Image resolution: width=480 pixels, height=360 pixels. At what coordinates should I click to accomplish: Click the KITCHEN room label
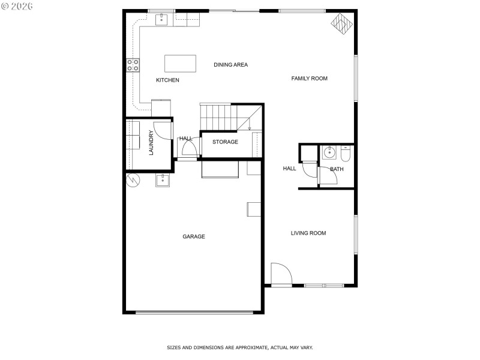point(167,80)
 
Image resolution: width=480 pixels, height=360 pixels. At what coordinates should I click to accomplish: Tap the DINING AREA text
point(230,65)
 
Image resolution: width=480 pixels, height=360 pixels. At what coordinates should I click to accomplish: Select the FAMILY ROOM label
point(309,79)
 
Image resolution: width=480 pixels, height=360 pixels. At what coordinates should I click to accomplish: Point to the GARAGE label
point(194,237)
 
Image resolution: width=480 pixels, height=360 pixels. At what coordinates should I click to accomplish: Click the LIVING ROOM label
point(308,233)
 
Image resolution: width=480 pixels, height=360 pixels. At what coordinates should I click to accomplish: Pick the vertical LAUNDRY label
point(151,143)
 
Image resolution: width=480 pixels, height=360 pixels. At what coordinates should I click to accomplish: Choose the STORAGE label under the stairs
point(225,142)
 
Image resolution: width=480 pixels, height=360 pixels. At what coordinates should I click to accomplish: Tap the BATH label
point(337,169)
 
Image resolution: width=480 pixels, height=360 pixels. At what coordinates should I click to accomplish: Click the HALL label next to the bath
point(289,169)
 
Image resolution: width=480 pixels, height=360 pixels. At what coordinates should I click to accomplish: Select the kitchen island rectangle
point(180,64)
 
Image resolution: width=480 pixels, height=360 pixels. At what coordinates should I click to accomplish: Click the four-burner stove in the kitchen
point(133,65)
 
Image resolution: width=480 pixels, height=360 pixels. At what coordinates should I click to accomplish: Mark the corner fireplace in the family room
point(341,24)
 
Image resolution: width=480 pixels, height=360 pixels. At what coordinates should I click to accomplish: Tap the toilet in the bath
point(345,154)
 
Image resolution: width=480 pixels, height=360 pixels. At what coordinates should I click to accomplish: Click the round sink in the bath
point(329,152)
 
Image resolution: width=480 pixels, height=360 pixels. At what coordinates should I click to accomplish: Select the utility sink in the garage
point(162,179)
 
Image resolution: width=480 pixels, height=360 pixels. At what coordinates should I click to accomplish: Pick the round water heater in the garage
point(133,179)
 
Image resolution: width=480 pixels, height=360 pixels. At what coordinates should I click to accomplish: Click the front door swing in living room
point(280,274)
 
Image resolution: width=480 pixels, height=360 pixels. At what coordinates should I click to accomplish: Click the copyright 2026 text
point(17,6)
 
